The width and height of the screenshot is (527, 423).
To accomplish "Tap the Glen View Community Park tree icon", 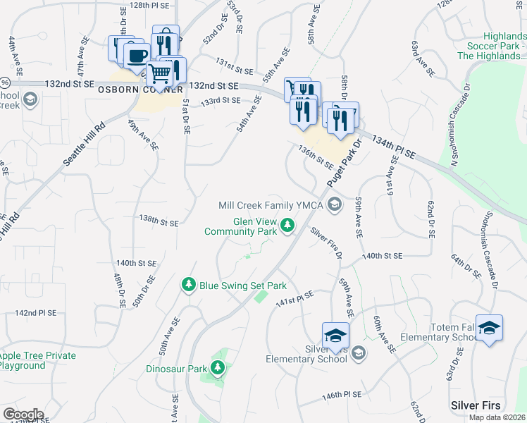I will [287, 226].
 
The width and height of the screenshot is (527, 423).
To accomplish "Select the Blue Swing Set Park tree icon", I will [188, 285].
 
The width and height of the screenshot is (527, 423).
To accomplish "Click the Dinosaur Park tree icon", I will [218, 367].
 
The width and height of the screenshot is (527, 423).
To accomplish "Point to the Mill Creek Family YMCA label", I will [271, 205].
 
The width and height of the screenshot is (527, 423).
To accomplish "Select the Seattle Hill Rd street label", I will [85, 144].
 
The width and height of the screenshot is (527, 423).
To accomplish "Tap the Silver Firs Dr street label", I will [326, 242].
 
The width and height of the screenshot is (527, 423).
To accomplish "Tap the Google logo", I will [23, 415].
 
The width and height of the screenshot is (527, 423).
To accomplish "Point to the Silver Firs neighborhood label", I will [476, 405].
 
